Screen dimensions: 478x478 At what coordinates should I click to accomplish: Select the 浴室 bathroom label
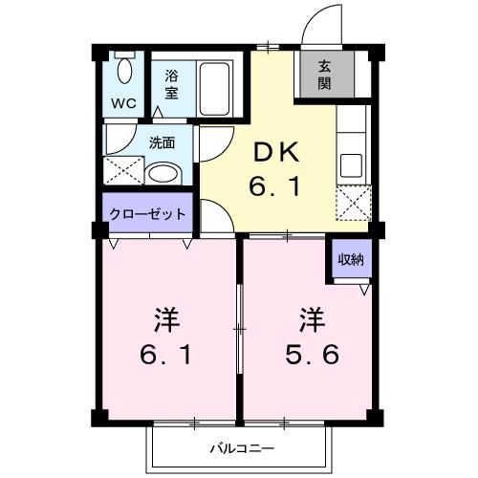pyautogui.click(x=171, y=84)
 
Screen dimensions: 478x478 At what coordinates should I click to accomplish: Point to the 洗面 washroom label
pyautogui.click(x=162, y=144)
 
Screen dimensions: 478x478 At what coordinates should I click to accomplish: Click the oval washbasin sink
pyautogui.click(x=163, y=174)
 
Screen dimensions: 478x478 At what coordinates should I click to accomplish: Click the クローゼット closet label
pyautogui.click(x=146, y=213)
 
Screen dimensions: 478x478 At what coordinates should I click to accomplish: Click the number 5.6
pyautogui.click(x=311, y=357)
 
